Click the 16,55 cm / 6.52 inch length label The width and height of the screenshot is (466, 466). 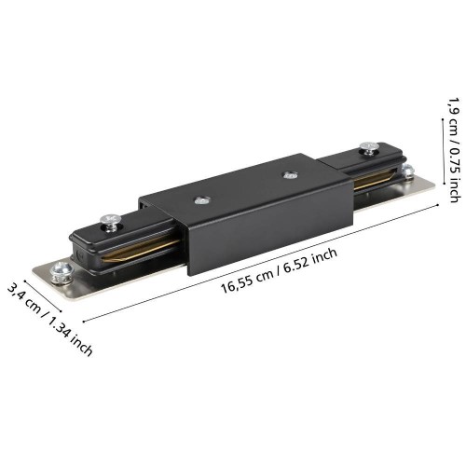279,270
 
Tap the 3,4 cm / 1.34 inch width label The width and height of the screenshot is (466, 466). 49,320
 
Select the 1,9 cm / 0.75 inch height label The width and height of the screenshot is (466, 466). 454,150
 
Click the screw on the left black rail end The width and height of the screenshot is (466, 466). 111,223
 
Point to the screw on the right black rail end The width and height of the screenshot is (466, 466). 369,148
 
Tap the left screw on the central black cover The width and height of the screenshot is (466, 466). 202,200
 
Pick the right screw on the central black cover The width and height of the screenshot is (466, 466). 290,175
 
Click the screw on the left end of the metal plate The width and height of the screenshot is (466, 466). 62,273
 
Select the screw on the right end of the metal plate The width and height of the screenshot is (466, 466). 407,171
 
